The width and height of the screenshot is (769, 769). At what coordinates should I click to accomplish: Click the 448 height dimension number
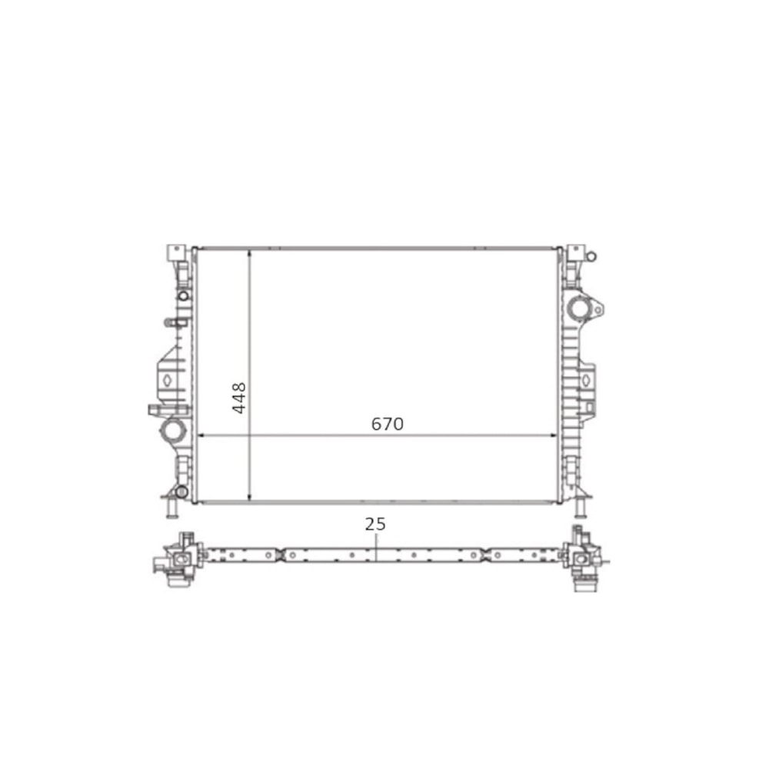[239, 398]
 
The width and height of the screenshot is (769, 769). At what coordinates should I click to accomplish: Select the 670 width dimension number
[388, 424]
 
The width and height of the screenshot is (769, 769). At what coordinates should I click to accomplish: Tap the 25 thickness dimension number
[375, 524]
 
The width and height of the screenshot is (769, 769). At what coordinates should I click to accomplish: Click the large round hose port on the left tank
[173, 431]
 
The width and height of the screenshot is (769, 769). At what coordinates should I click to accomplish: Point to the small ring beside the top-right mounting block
[591, 256]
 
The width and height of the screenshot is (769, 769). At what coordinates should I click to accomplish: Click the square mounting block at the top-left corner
[175, 252]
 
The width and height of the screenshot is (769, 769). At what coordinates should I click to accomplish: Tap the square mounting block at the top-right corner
[574, 253]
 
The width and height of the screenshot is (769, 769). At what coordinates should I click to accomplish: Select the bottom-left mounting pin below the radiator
[172, 508]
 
